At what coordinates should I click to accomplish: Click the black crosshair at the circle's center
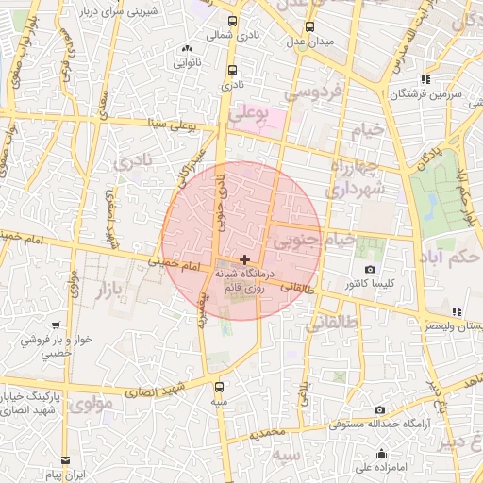[x=245, y=258]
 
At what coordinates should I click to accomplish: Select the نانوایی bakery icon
[x=187, y=48]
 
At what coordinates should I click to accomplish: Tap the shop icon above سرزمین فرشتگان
[x=425, y=79]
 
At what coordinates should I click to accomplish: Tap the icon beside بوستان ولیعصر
[x=457, y=311]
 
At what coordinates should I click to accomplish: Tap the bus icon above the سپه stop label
[x=219, y=387]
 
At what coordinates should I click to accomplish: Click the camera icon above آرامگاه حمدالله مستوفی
[x=379, y=410]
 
